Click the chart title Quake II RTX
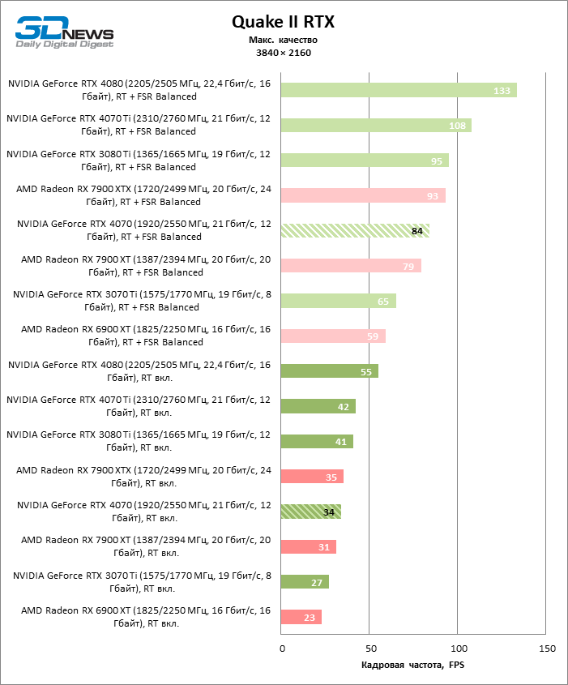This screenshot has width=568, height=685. (x=283, y=23)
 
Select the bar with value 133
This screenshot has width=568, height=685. (x=399, y=90)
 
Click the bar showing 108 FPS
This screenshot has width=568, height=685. (x=376, y=126)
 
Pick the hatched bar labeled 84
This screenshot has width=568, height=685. (x=355, y=230)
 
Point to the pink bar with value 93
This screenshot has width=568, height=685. (x=363, y=195)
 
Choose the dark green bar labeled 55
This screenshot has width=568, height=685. (x=330, y=371)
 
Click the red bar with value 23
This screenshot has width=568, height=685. (x=301, y=617)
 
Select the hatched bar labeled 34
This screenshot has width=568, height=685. (x=311, y=512)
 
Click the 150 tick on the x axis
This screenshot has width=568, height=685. (x=546, y=649)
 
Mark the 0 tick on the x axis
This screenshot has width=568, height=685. (x=282, y=649)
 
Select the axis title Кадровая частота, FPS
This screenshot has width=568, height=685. (x=412, y=666)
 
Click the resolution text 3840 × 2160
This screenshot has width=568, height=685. (x=283, y=53)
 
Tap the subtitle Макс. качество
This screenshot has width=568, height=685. (x=283, y=40)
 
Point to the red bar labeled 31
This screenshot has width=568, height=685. (x=308, y=547)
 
